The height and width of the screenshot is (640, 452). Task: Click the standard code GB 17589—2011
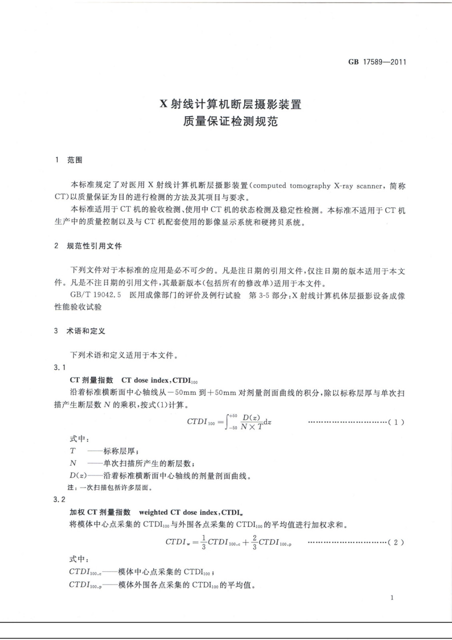pyautogui.click(x=377, y=62)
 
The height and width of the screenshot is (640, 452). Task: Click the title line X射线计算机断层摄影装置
pyautogui.click(x=231, y=104)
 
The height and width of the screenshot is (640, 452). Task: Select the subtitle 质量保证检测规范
pyautogui.click(x=231, y=121)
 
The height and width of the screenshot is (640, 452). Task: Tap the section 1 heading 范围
pyautogui.click(x=75, y=160)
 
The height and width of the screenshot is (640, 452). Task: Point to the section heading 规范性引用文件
pyautogui.click(x=94, y=246)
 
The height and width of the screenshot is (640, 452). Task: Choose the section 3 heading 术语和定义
pyautogui.click(x=86, y=331)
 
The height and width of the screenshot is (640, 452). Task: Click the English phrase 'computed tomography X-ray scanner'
pyautogui.click(x=318, y=186)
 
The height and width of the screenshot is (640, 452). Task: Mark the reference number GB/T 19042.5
pyautogui.click(x=96, y=296)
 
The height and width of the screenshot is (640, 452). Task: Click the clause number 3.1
pyautogui.click(x=60, y=368)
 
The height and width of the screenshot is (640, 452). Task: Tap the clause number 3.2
pyautogui.click(x=60, y=500)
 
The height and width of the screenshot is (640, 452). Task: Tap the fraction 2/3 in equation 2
pyautogui.click(x=255, y=542)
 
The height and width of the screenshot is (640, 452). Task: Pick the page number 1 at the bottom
pyautogui.click(x=392, y=598)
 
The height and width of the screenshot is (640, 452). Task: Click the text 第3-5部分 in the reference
pyautogui.click(x=266, y=296)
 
